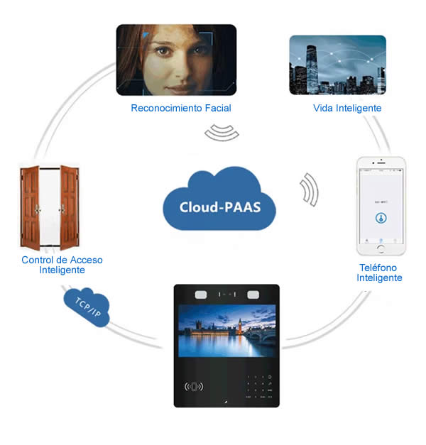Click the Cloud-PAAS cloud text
click(218, 208)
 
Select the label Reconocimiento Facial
click(181, 108)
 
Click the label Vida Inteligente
click(347, 108)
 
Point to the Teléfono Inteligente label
click(379, 273)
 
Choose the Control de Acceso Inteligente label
click(62, 265)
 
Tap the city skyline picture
click(337, 65)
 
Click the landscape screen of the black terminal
click(226, 333)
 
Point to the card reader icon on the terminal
click(194, 387)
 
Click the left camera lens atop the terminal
click(202, 292)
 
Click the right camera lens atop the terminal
click(252, 292)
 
